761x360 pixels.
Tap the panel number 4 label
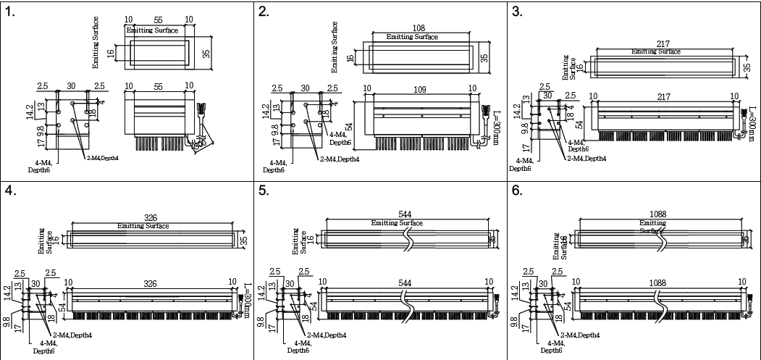coord(9,191)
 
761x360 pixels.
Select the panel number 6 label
coord(516,191)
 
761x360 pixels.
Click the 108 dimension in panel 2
coord(419,28)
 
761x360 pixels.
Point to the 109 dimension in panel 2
coord(421,88)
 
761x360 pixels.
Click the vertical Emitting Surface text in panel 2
coord(335,47)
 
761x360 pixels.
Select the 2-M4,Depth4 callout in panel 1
coord(103,158)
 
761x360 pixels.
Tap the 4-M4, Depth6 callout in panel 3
coord(520,164)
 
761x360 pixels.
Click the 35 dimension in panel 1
coord(206,53)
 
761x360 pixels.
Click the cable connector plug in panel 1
coord(201,110)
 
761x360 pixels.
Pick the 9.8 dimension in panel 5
coord(270,320)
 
